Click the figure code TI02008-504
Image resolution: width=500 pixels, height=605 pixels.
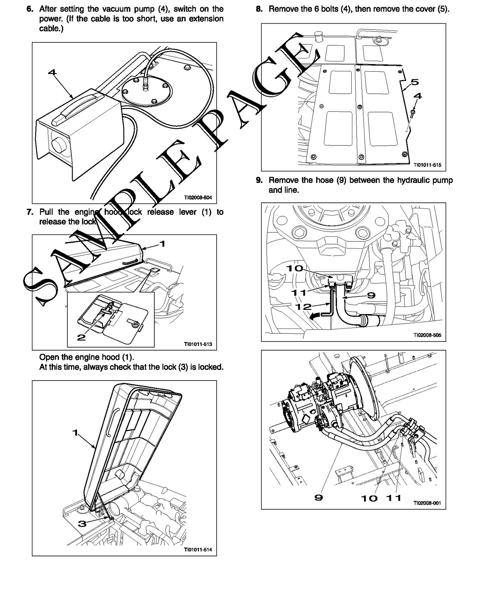[198, 197]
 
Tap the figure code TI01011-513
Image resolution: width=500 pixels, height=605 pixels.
[198, 344]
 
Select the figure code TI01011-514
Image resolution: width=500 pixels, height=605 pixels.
[198, 550]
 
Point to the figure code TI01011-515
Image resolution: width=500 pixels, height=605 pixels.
[427, 165]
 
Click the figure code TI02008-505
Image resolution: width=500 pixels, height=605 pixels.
[427, 335]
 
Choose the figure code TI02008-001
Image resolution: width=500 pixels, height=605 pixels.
[427, 503]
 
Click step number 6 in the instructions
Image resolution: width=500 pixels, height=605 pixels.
[30, 9]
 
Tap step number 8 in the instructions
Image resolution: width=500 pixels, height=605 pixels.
[259, 9]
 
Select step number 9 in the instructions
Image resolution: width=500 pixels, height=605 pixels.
[259, 180]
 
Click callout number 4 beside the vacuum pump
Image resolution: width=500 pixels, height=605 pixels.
[52, 72]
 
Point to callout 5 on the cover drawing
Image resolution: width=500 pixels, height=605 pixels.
[415, 82]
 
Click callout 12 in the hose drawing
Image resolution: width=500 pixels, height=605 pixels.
[303, 307]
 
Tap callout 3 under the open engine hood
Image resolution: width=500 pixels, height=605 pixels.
[82, 523]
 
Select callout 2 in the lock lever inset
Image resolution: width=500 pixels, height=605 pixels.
[81, 337]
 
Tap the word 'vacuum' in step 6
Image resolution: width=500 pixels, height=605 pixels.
[130, 9]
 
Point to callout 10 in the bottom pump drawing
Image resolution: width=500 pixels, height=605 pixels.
[369, 498]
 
